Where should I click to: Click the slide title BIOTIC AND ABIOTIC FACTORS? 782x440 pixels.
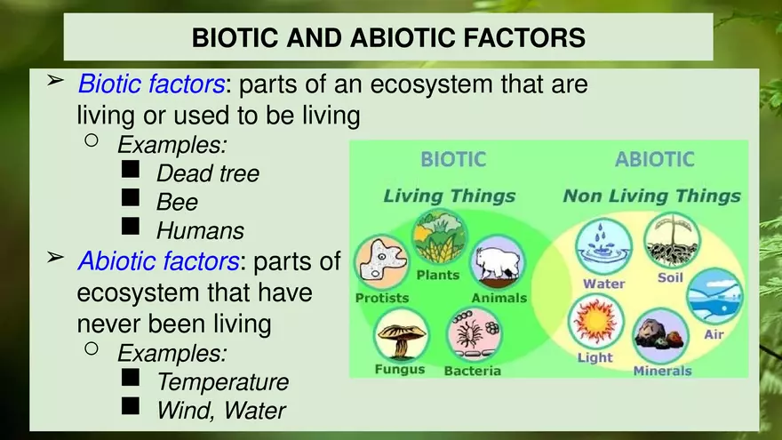click(388, 37)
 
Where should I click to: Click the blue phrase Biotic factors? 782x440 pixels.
click(151, 84)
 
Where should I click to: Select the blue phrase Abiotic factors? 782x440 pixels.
click(157, 261)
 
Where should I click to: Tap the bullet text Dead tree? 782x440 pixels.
click(208, 173)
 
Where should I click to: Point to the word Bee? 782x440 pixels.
click(177, 202)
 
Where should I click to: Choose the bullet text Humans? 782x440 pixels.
click(200, 231)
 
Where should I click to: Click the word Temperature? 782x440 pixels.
click(222, 382)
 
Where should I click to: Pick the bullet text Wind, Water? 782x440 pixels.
click(220, 411)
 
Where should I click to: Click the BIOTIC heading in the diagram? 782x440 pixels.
click(453, 160)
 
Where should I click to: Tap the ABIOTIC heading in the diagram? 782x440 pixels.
click(654, 160)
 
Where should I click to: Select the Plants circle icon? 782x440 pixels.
click(439, 237)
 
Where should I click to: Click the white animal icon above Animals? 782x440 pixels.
click(497, 263)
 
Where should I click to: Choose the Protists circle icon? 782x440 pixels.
click(381, 263)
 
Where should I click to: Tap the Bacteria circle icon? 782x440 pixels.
click(474, 335)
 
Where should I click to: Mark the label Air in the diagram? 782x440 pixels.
click(714, 334)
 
